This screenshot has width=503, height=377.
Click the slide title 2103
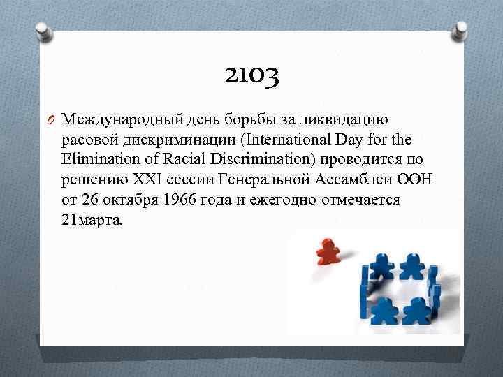252,75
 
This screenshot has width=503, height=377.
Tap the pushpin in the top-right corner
461,29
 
